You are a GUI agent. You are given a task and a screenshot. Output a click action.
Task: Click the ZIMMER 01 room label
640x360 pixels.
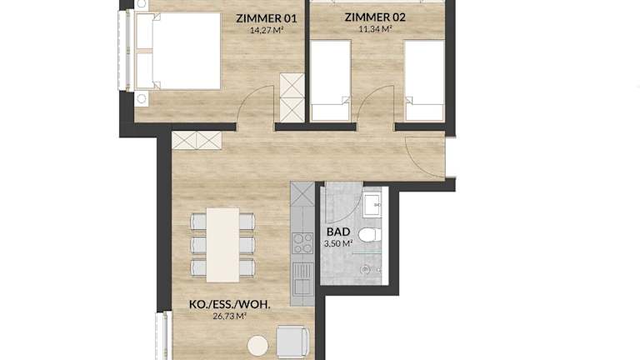(267, 18)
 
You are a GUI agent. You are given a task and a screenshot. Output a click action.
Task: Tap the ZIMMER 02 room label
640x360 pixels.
(375, 17)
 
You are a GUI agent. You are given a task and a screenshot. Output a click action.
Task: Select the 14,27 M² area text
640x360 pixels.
(267, 29)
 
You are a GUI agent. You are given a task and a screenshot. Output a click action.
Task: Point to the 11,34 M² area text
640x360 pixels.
(375, 28)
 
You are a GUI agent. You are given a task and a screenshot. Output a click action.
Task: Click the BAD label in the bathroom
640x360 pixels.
(338, 232)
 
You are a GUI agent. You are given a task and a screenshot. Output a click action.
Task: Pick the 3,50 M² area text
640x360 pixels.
(338, 243)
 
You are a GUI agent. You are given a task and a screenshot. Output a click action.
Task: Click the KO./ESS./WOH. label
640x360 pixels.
(230, 304)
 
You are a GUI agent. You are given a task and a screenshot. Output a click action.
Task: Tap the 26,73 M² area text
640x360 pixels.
(230, 316)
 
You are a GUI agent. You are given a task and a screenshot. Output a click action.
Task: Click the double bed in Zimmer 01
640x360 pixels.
(177, 51)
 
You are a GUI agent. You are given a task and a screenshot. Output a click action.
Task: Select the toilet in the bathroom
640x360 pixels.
(369, 235)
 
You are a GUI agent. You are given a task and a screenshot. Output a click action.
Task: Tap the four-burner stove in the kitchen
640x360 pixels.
(302, 242)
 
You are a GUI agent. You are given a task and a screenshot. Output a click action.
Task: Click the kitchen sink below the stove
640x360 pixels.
(302, 279)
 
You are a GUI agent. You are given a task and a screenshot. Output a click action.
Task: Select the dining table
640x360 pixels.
(222, 245)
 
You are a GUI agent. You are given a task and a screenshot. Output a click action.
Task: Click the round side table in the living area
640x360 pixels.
(258, 346)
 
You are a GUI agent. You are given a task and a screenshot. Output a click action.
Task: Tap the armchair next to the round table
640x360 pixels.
(292, 342)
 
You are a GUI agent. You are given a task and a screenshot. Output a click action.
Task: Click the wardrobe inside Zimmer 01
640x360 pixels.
(292, 97)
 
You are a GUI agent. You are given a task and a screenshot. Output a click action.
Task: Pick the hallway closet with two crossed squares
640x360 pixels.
(197, 140)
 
